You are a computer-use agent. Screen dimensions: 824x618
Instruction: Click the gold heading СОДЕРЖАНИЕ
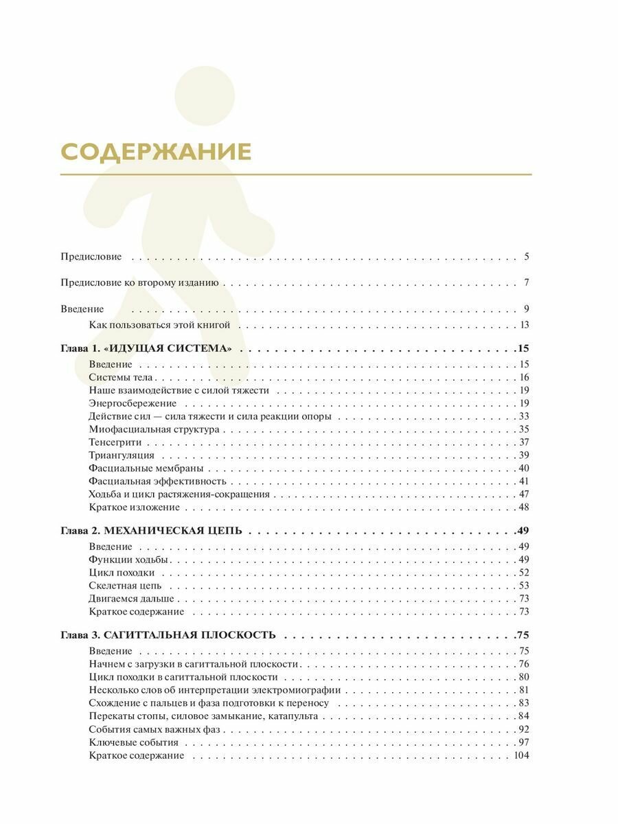[x=156, y=152]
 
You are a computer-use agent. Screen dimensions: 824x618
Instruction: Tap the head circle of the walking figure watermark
[x=205, y=96]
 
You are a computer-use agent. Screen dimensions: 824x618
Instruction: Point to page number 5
[x=526, y=257]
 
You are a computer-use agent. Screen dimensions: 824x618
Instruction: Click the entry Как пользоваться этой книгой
[x=159, y=325]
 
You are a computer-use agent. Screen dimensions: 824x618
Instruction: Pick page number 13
[x=524, y=325]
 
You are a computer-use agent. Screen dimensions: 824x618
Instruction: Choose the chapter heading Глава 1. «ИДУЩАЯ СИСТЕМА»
[x=146, y=349]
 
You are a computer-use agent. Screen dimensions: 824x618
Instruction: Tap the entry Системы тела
[x=121, y=378]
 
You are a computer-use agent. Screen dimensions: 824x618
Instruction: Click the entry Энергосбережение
[x=133, y=403]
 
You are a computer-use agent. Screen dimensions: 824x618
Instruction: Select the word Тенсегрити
[x=115, y=442]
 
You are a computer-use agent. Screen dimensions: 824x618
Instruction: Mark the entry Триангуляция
[x=122, y=455]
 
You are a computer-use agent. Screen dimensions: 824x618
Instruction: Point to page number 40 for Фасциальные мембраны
[x=524, y=468]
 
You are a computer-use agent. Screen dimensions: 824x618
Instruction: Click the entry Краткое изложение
[x=134, y=507]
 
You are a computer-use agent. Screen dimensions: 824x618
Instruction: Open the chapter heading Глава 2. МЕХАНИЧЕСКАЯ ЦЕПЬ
[x=155, y=531]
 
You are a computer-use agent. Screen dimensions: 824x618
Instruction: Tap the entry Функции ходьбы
[x=128, y=560]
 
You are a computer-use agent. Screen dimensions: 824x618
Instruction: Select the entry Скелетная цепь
[x=125, y=586]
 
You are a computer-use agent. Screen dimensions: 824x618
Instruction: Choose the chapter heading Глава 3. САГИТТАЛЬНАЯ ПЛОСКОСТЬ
[x=168, y=635]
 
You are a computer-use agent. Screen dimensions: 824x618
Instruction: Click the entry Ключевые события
[x=133, y=742]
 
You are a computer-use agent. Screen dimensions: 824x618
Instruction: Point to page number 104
[x=521, y=755]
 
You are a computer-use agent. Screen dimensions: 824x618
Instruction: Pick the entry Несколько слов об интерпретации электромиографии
[x=214, y=690]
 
